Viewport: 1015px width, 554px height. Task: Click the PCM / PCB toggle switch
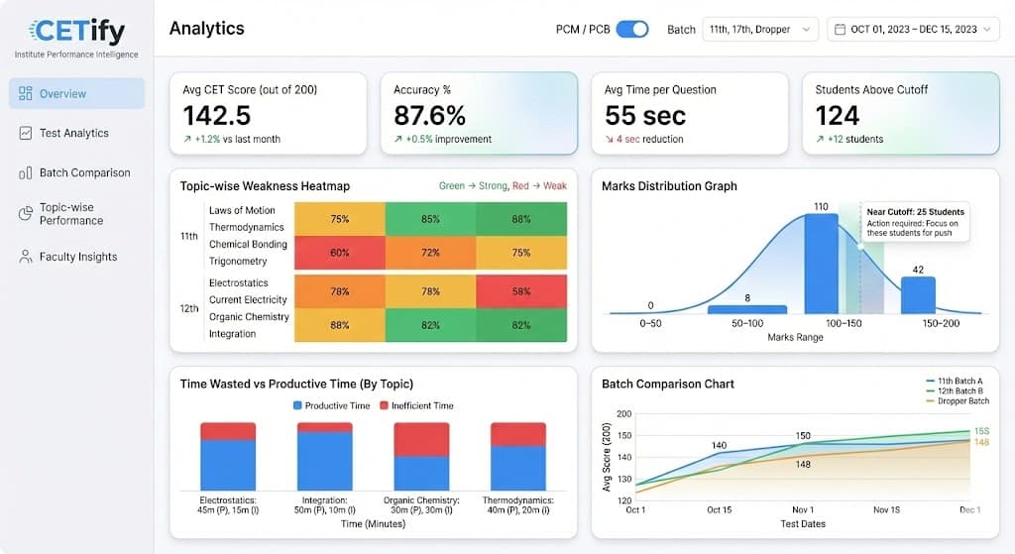631,29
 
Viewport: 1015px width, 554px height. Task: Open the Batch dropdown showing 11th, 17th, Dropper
760,30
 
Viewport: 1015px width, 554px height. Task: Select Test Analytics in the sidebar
74,133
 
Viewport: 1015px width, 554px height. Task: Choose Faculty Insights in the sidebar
77,257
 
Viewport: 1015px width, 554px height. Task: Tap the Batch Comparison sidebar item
84,172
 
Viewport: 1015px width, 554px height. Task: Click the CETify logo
77,33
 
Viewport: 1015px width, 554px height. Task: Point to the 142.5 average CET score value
217,115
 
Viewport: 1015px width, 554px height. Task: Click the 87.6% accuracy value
429,115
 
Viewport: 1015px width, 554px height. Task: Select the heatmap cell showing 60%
339,253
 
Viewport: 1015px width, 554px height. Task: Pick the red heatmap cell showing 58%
521,291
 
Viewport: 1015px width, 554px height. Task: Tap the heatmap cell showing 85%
430,219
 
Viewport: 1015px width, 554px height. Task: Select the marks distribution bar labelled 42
917,295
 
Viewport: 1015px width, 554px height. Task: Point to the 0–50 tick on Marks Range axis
649,323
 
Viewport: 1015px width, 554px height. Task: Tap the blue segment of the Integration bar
325,461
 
